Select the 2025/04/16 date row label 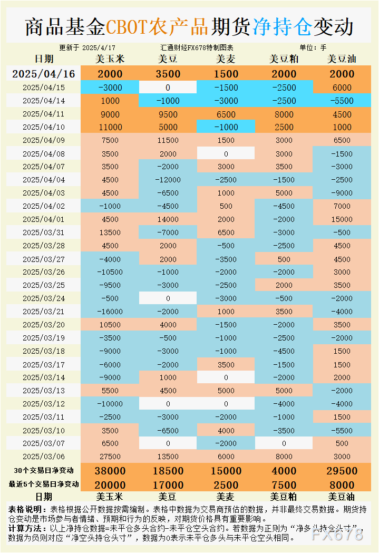click(44, 74)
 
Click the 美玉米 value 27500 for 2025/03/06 click(110, 457)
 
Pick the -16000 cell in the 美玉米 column click(110, 312)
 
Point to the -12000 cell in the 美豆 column click(168, 180)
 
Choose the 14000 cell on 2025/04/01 click(168, 219)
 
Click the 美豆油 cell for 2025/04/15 click(342, 88)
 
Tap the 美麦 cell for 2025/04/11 click(226, 114)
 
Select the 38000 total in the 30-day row click(110, 471)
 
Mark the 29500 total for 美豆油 click(342, 471)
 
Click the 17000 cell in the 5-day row click(168, 484)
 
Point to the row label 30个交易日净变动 click(44, 470)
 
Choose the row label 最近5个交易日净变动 click(44, 484)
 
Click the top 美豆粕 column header click(284, 59)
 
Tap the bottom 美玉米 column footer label click(110, 496)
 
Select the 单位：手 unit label click(313, 47)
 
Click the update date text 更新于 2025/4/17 click(88, 47)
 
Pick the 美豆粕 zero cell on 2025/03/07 click(284, 443)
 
